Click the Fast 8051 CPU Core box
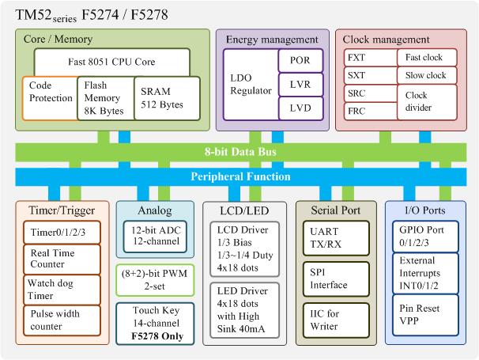tap(111, 62)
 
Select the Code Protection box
tap(50, 98)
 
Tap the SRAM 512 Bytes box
tap(167, 98)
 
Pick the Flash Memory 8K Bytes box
tap(106, 98)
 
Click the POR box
tap(300, 60)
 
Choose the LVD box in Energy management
tap(300, 108)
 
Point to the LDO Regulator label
tap(251, 84)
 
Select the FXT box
tap(370, 58)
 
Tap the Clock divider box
tap(427, 102)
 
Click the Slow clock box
tap(427, 75)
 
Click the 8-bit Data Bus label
tap(241, 152)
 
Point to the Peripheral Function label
tap(241, 176)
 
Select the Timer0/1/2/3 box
tap(62, 233)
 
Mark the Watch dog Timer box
tap(62, 290)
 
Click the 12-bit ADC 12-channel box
tap(155, 237)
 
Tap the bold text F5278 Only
tap(157, 336)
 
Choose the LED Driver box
tap(244, 310)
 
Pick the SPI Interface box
tap(336, 279)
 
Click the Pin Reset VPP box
tap(425, 315)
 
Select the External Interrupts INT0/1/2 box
tap(425, 273)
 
